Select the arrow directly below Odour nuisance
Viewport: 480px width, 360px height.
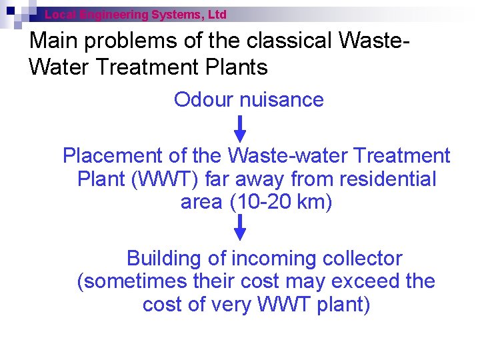241,127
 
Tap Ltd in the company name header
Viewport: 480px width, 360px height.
217,14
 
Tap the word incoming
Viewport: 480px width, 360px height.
273,259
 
